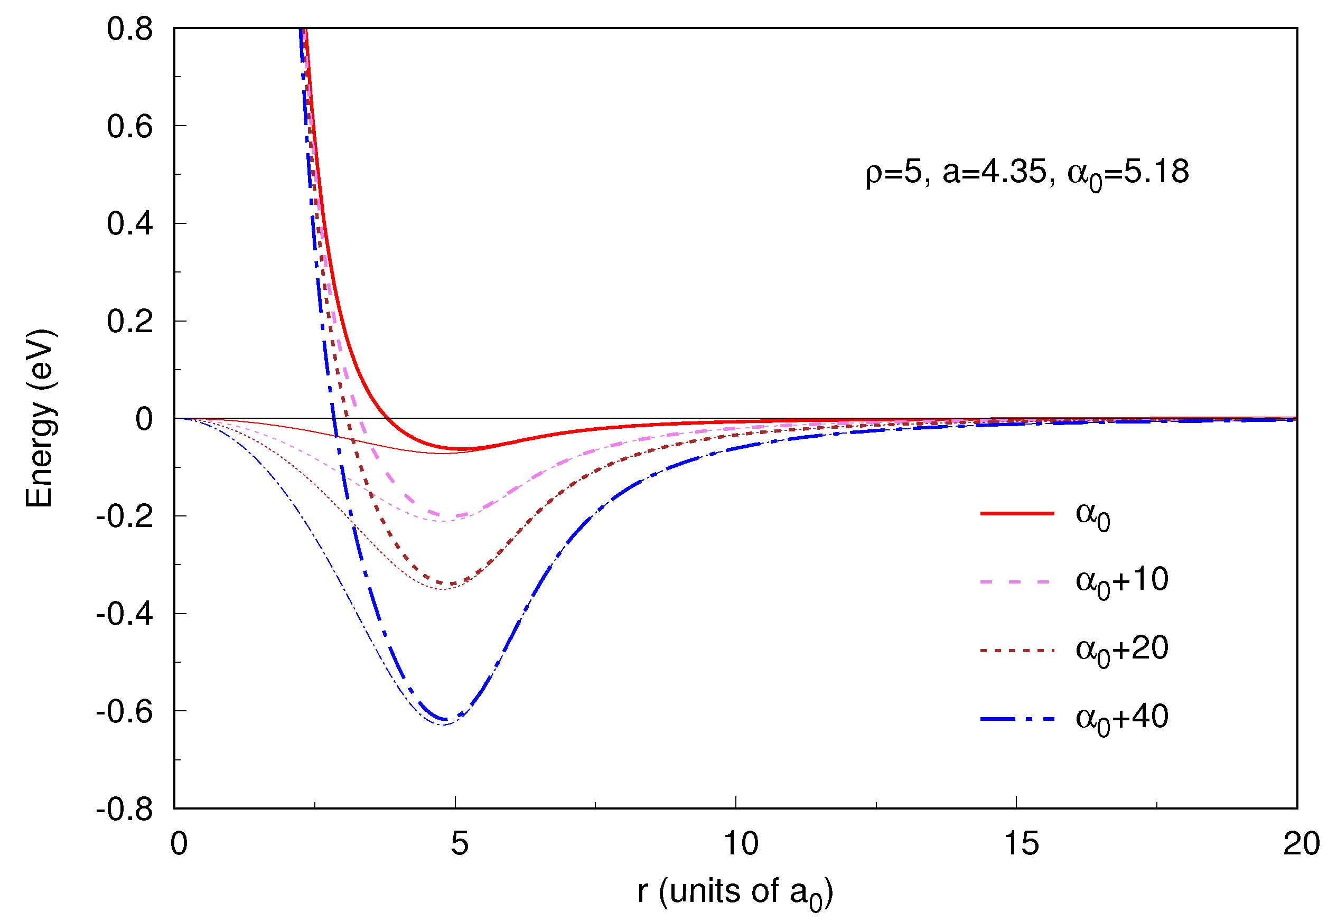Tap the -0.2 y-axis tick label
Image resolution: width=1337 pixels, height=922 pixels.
point(124,516)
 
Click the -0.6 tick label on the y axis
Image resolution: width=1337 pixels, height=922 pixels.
point(124,712)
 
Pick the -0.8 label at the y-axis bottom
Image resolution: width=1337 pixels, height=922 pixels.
point(124,810)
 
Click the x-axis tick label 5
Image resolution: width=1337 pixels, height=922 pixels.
point(460,844)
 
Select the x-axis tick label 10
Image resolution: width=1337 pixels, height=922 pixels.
point(741,844)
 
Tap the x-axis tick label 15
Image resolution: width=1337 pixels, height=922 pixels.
point(1022,844)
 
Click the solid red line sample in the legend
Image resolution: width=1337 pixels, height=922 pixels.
point(1017,513)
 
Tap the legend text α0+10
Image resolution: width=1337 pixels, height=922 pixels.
point(1121,582)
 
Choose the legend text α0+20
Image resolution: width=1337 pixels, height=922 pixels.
point(1121,651)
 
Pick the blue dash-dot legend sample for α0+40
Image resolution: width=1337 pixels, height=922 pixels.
point(1017,719)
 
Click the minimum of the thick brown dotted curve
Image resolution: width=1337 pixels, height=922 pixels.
point(448,584)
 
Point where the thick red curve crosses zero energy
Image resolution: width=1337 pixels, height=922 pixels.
point(389,418)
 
